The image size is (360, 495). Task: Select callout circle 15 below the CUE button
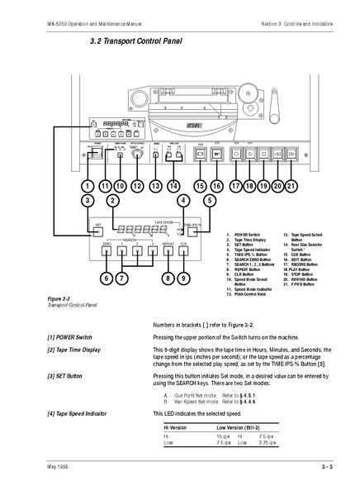(200, 187)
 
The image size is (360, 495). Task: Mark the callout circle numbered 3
(86, 201)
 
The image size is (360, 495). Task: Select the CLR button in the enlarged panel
(184, 252)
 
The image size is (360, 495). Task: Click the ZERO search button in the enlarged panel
(107, 252)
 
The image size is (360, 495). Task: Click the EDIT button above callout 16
(216, 154)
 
